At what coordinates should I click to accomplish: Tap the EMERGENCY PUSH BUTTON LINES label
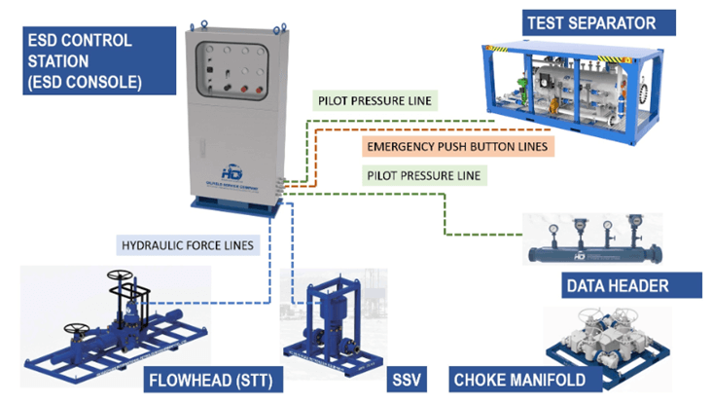457,147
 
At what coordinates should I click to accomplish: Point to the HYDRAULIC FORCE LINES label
189,245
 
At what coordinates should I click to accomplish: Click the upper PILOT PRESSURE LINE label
374,99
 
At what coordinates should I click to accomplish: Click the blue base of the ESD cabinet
236,206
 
